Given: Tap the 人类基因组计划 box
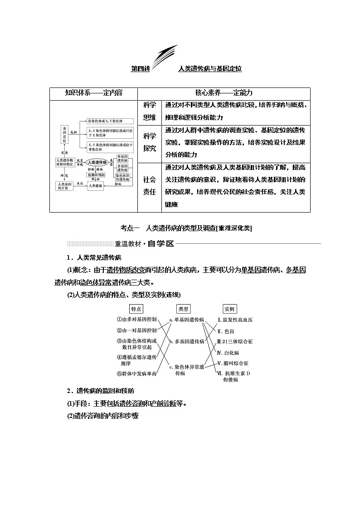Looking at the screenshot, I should pos(64,185).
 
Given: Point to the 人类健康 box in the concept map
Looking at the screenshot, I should pos(97,185).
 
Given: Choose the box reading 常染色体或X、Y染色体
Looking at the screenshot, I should pos(110,121).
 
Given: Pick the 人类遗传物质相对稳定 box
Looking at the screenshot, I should pos(64,162).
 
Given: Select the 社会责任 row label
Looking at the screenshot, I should pos(149,185).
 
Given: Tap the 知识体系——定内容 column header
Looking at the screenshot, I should pos(93,93).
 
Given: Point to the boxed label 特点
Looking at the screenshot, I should pos(136,309).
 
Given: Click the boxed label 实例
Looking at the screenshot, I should pos(229,309).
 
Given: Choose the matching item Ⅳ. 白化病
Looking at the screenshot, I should pos(229,353).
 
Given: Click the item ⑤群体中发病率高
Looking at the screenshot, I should pos(136,373).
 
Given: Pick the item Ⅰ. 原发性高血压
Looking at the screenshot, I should pos(235,320).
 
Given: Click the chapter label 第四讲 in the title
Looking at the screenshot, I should pos(140,69).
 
